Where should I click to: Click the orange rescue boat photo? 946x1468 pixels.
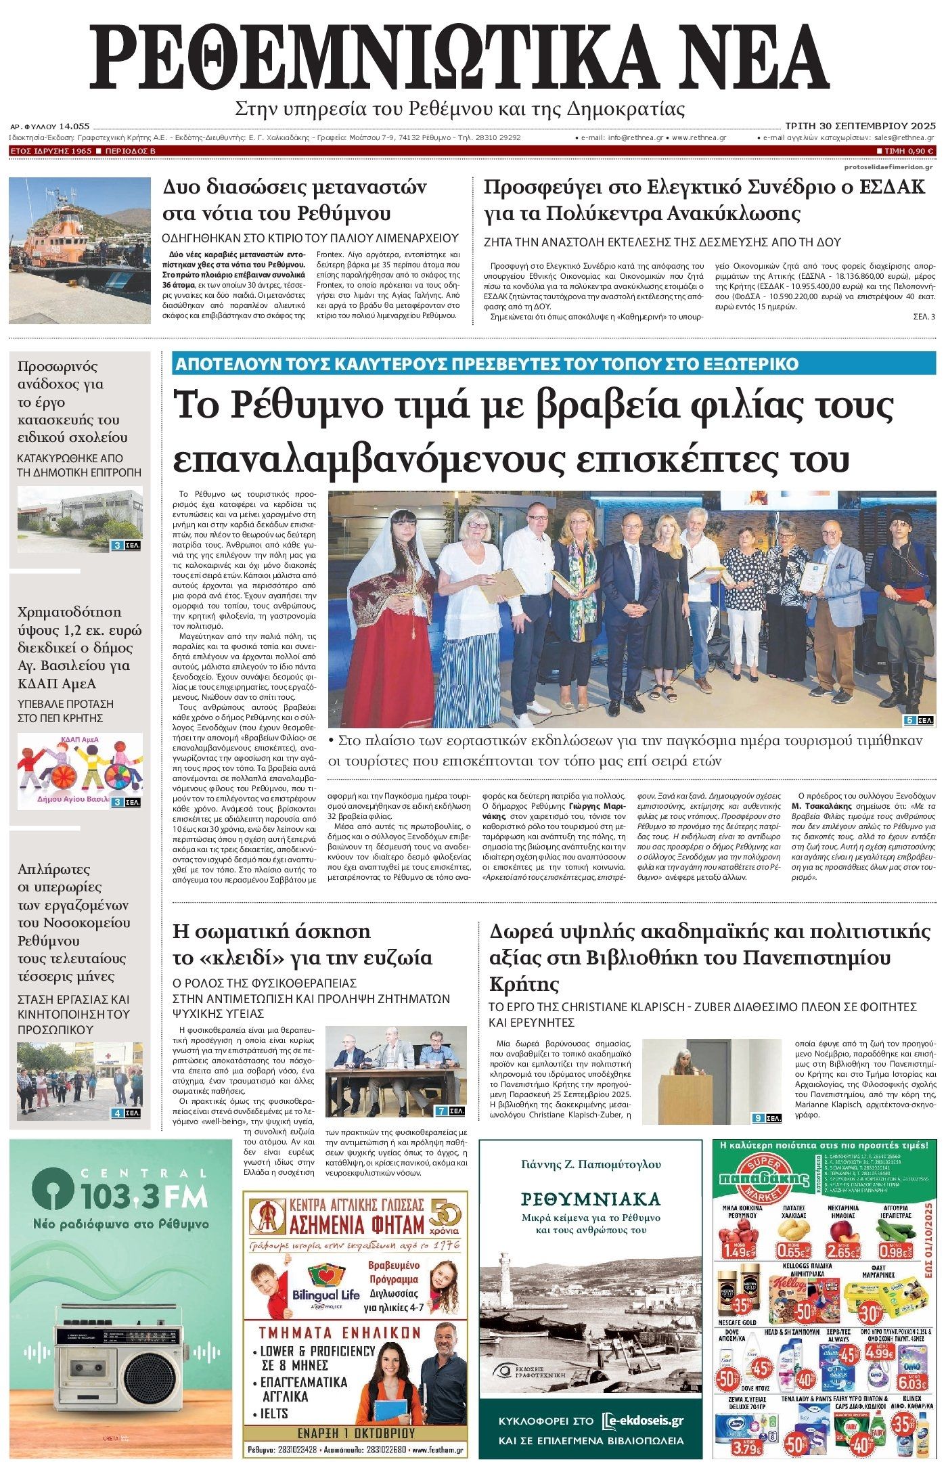tap(79, 248)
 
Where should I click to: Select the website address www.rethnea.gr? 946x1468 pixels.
tap(699, 137)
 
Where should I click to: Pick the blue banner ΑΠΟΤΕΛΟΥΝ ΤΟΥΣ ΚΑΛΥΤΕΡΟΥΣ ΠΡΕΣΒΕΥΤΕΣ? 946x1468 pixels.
tap(486, 363)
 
